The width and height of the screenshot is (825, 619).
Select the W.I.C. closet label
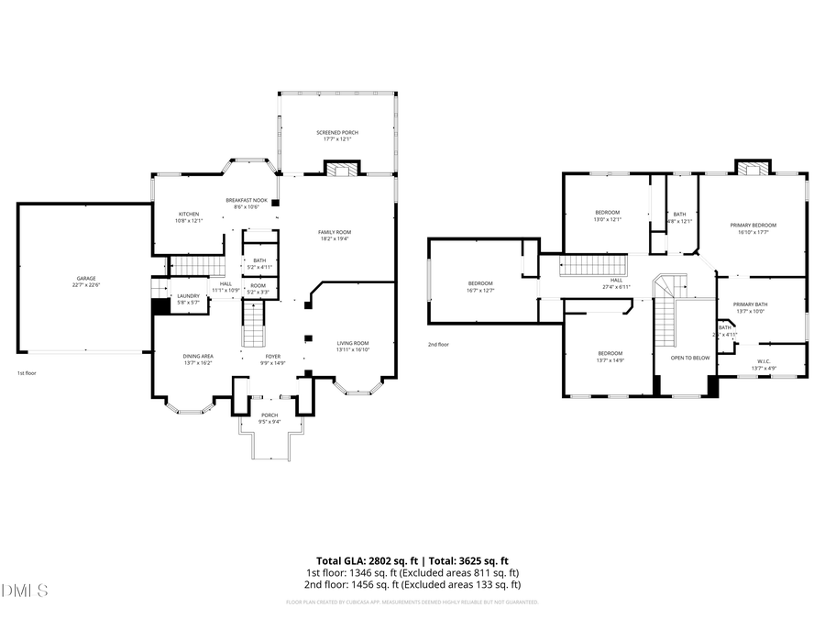[764, 364]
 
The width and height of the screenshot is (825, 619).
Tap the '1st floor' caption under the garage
[27, 374]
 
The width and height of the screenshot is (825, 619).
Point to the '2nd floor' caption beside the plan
[438, 345]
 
